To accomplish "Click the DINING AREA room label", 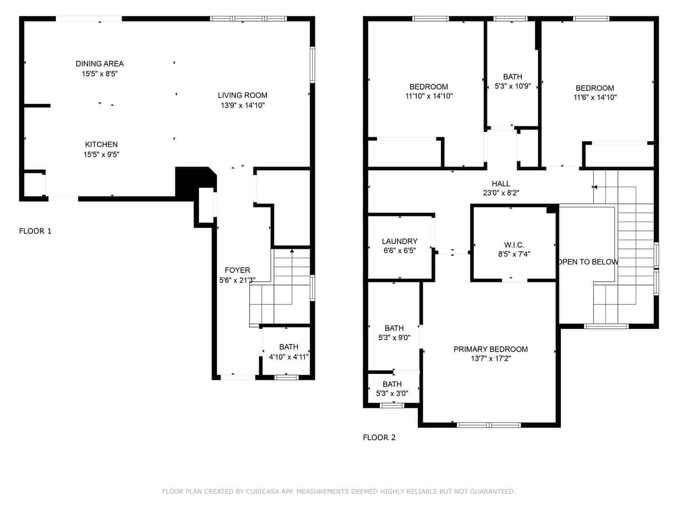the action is pos(99,64).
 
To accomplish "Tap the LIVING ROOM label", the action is pos(242,95).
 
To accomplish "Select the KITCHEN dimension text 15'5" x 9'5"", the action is pos(101,155).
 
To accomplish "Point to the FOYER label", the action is pos(237,270).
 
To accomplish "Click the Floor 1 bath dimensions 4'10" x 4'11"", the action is pos(289,357).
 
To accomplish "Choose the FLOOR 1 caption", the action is pos(35,231).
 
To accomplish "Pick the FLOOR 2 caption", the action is pos(379,437).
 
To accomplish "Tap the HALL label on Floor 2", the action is pos(500,184).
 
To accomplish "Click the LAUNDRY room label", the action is pos(400,241).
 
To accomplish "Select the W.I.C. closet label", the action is pos(514,245).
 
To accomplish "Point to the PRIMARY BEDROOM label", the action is pos(491,349).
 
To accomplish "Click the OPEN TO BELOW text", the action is pos(588,262).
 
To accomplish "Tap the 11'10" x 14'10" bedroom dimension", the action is pos(429,96).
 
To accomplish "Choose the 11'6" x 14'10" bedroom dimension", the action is pos(595,98).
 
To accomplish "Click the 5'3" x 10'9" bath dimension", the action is pos(513,86).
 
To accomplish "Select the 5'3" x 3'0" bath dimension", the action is pos(392,394).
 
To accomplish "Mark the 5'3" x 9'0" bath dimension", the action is pos(394,337).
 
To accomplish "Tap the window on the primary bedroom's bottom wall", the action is pos(489,425).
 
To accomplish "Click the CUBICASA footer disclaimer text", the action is pos(339,491).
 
